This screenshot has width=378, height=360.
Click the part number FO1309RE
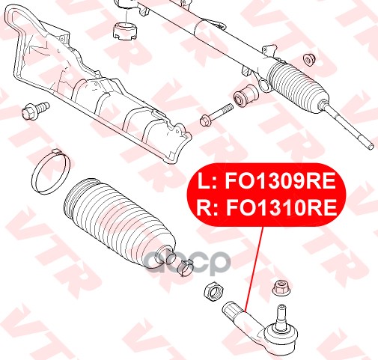(x=280, y=181)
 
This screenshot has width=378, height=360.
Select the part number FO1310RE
(x=281, y=208)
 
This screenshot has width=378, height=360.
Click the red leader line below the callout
(x=254, y=269)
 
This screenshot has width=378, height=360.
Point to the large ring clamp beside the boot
(x=51, y=172)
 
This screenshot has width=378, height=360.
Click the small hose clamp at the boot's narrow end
(x=185, y=267)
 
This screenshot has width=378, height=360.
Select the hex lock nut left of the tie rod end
(x=214, y=291)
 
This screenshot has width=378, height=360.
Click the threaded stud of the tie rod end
(x=281, y=316)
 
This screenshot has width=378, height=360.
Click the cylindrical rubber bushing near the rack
(x=246, y=96)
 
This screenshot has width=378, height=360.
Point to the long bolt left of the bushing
(x=216, y=115)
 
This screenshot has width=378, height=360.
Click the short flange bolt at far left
(x=35, y=111)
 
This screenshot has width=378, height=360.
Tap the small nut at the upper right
(x=309, y=60)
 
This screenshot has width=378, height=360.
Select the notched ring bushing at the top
(x=125, y=31)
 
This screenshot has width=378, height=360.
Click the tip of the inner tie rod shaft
(x=372, y=147)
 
